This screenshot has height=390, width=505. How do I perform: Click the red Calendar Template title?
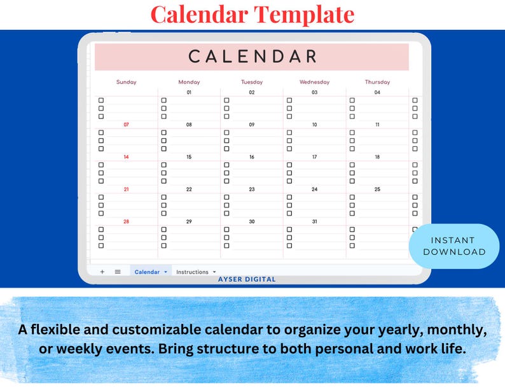click(253, 14)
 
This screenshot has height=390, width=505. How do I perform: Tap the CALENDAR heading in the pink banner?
click(253, 57)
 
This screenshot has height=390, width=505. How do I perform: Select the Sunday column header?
click(126, 82)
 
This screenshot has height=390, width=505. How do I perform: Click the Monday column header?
click(189, 82)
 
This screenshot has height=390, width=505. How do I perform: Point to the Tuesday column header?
click(251, 82)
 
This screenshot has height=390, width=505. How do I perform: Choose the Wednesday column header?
click(314, 82)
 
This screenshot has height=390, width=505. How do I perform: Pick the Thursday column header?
click(377, 82)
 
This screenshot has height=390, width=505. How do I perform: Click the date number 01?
click(189, 93)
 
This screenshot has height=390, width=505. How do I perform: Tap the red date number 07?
click(126, 125)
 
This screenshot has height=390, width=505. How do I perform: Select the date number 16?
click(251, 157)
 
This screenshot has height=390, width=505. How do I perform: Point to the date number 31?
click(314, 221)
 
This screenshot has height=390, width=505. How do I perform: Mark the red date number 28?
click(126, 221)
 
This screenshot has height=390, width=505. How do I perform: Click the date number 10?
click(314, 125)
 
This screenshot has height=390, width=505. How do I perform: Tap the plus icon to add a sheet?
click(102, 272)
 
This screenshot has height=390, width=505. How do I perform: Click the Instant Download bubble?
click(453, 246)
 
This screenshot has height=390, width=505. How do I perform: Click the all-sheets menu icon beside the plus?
click(118, 272)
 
